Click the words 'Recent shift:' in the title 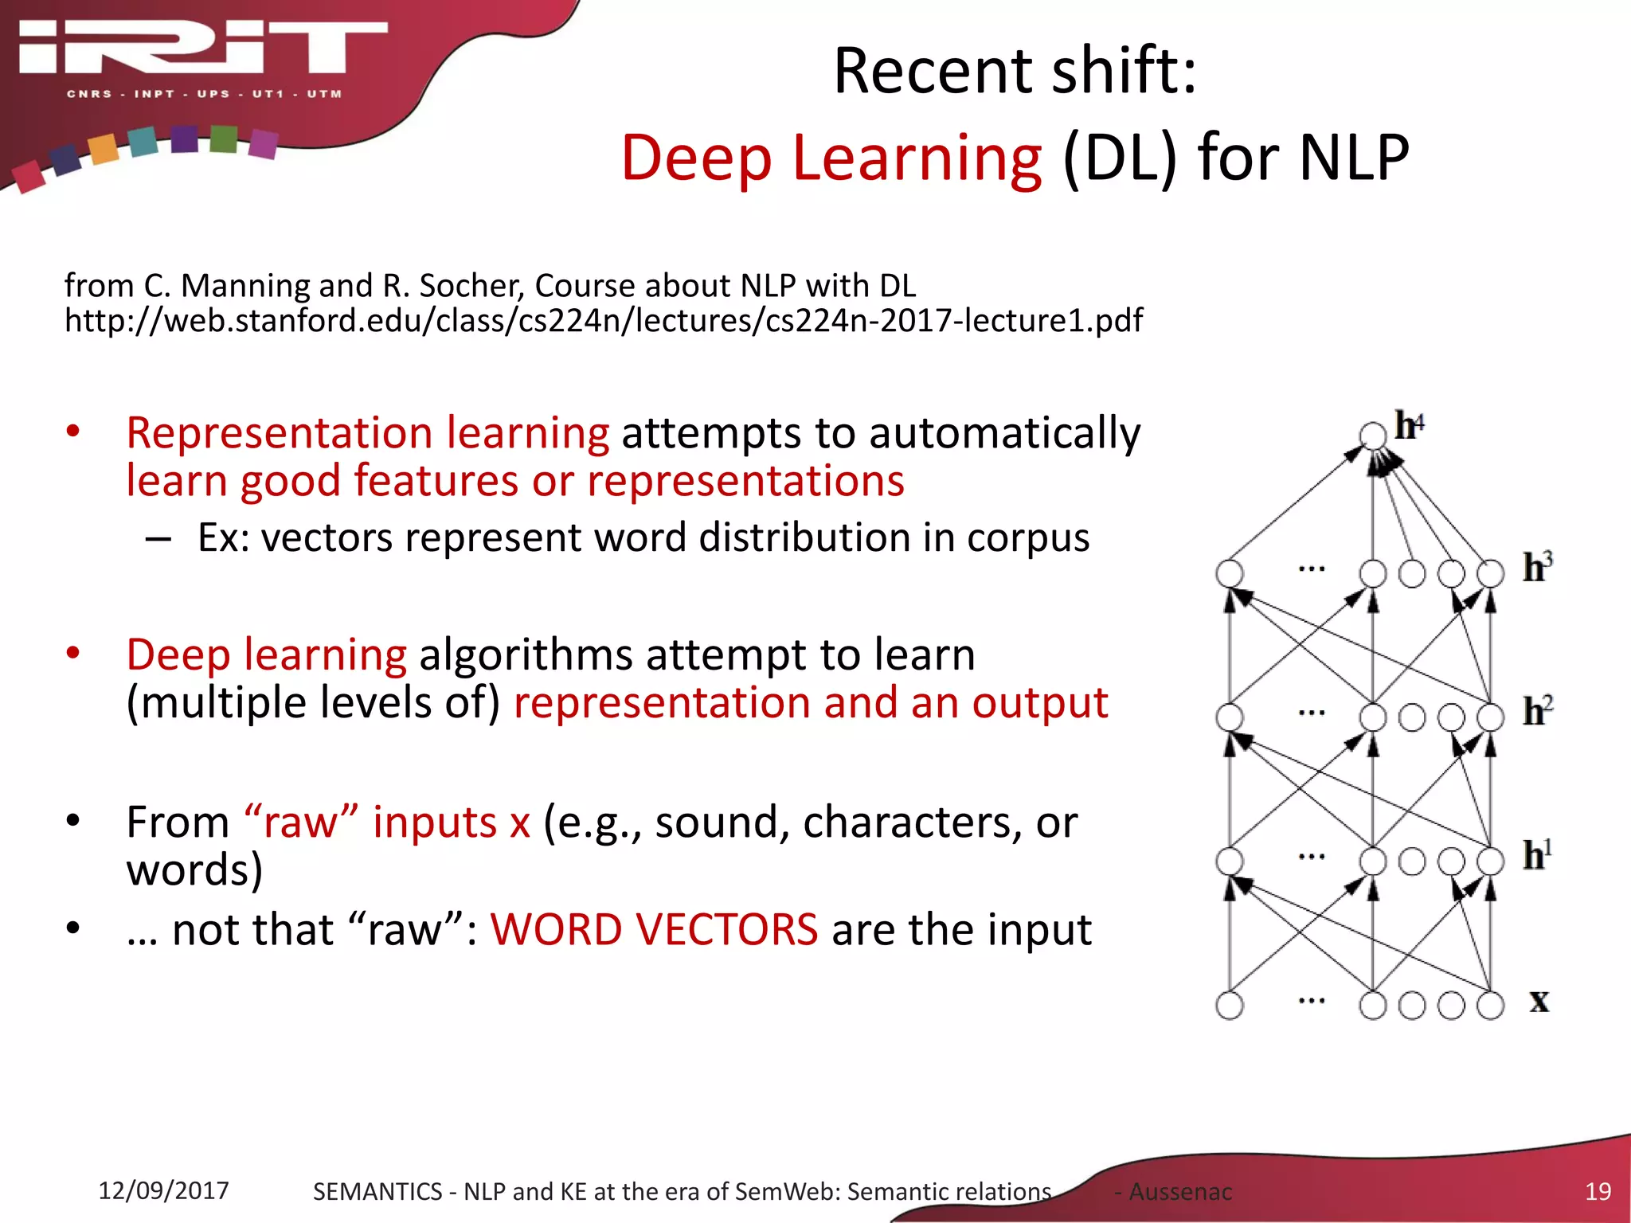1015,72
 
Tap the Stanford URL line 603,320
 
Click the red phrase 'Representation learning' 367,433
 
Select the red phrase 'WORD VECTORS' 654,929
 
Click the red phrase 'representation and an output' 810,703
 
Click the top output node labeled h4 1373,435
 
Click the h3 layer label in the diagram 1537,568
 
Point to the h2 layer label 1537,711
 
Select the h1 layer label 1537,855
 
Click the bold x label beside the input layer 1539,1001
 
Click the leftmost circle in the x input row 1230,1005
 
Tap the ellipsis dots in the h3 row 1311,569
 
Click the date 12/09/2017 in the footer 163,1190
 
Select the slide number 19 1598,1191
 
